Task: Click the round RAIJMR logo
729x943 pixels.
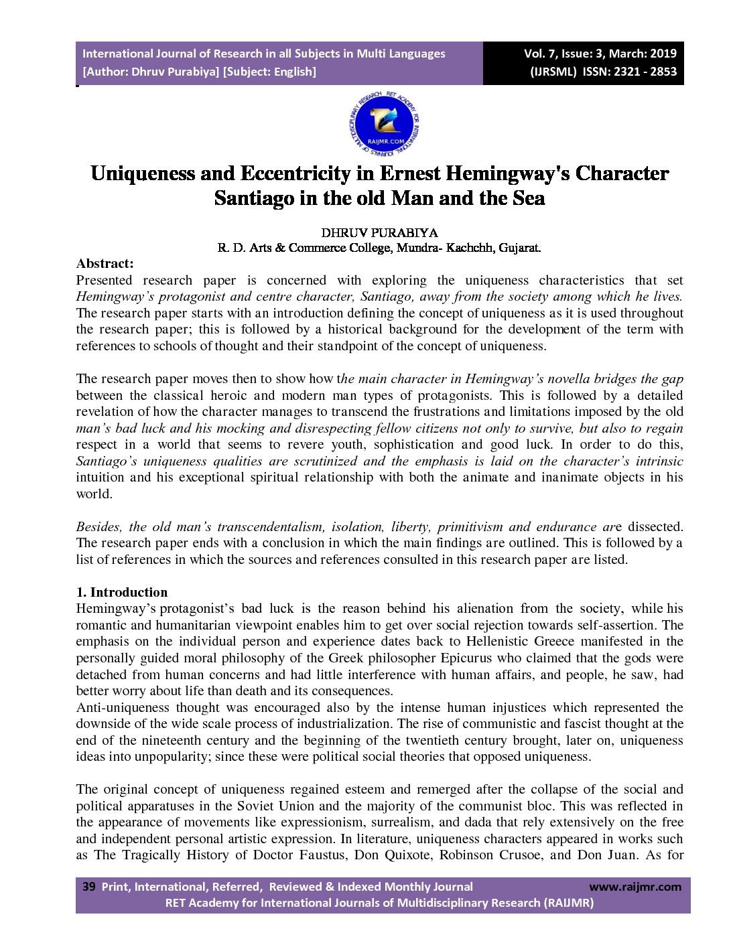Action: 385,124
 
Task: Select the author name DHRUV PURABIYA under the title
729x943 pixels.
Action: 379,232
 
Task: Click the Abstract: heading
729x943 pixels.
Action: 105,263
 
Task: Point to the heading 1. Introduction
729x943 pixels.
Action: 122,592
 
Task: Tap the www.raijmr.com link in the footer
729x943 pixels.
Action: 635,887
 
